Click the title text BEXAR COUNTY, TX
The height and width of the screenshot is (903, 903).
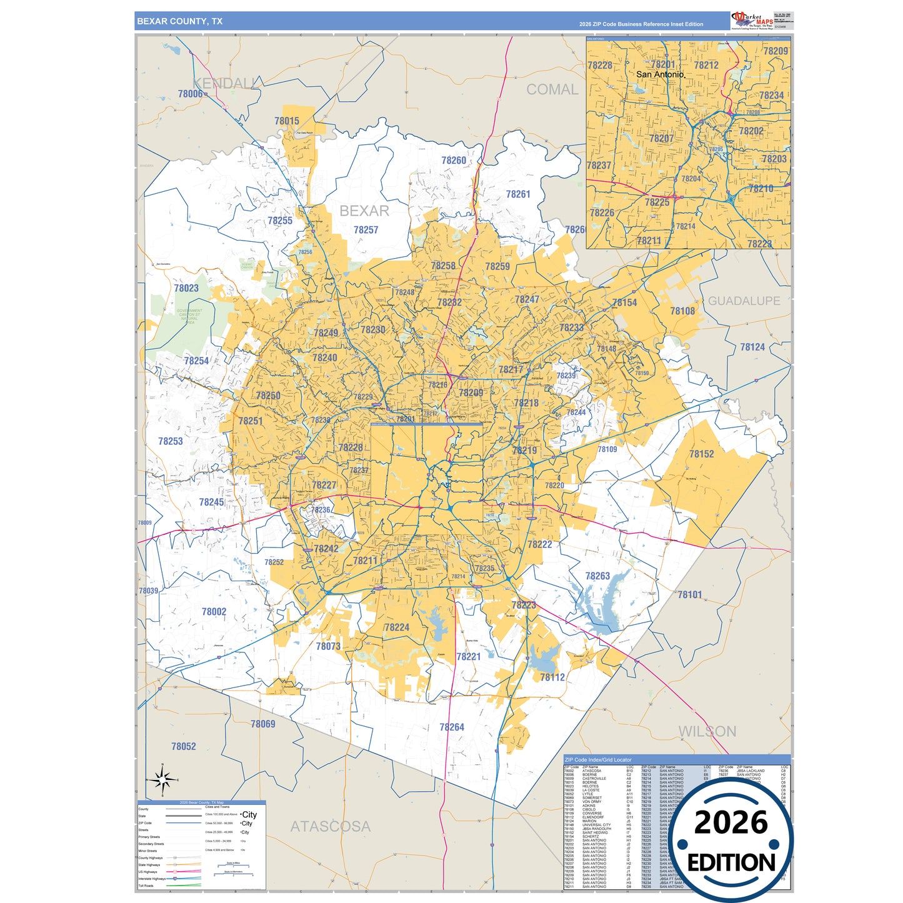(179, 21)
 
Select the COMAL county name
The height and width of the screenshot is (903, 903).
(552, 89)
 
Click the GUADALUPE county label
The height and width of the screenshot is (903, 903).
(744, 301)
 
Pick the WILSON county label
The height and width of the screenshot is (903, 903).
(707, 731)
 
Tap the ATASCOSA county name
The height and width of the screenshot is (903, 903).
(330, 826)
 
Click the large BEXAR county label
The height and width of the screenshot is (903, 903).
(364, 211)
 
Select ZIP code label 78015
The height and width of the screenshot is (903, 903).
(287, 121)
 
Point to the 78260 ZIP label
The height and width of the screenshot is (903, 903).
(454, 161)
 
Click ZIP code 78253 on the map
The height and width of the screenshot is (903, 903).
(171, 441)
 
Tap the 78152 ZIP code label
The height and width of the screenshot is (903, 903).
(701, 454)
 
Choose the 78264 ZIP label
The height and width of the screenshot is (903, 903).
(452, 727)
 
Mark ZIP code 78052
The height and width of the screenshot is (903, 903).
(184, 747)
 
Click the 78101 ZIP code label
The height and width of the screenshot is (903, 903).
(690, 595)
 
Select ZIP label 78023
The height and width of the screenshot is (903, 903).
(186, 288)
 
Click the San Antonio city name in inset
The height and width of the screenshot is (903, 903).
(661, 74)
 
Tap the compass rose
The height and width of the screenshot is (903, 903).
(162, 780)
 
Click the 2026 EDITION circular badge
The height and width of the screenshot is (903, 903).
(731, 841)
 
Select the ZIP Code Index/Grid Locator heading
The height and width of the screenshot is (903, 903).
(598, 760)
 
